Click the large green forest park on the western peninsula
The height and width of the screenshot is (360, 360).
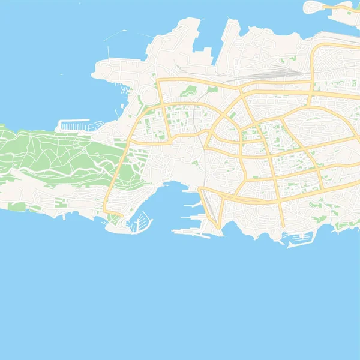[x=54, y=153]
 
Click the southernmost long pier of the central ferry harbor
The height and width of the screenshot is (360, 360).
[x=186, y=230]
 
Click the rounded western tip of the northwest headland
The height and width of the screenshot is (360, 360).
[x=94, y=73]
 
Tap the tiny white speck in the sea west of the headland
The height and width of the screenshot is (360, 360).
[x=62, y=74]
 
